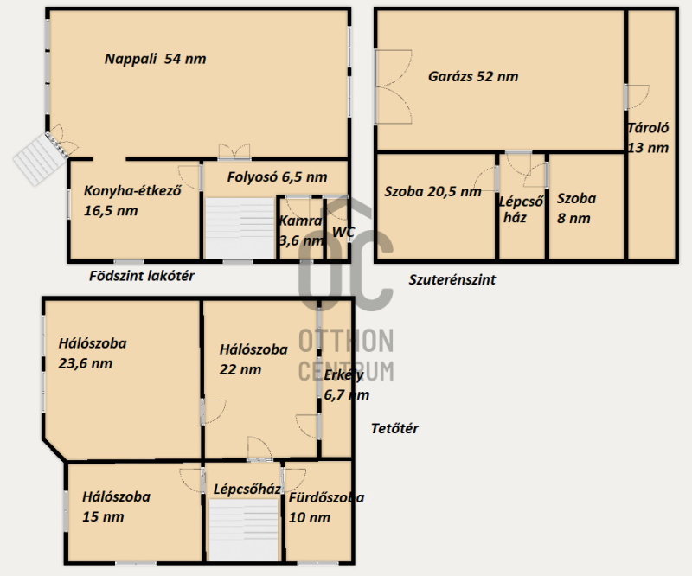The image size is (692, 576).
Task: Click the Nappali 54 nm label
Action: pos(156,59)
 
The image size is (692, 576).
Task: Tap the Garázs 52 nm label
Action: pos(473,76)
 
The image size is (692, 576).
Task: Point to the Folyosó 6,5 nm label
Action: pos(277,177)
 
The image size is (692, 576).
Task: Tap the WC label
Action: pos(343,232)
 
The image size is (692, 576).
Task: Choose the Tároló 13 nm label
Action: pos(648,138)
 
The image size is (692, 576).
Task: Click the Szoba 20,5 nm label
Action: pos(432,191)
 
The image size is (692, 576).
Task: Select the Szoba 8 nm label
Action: pos(576,208)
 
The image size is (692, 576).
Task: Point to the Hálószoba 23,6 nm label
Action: pos(93,353)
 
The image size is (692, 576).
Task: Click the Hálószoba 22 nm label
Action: pos(253,359)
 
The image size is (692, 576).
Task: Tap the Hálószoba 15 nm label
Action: pos(116,506)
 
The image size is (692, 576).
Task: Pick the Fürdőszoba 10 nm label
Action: pos(326,507)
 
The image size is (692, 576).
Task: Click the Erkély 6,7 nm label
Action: pos(347,385)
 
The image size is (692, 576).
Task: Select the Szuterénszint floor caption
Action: pos(452,280)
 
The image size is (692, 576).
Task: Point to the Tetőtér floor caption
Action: pos(394,428)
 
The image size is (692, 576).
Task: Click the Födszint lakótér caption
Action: pos(142,276)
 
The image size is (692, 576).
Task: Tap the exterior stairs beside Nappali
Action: pos(39,158)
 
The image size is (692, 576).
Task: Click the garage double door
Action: pos(393,86)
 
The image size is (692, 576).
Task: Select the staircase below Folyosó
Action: pos(240,228)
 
